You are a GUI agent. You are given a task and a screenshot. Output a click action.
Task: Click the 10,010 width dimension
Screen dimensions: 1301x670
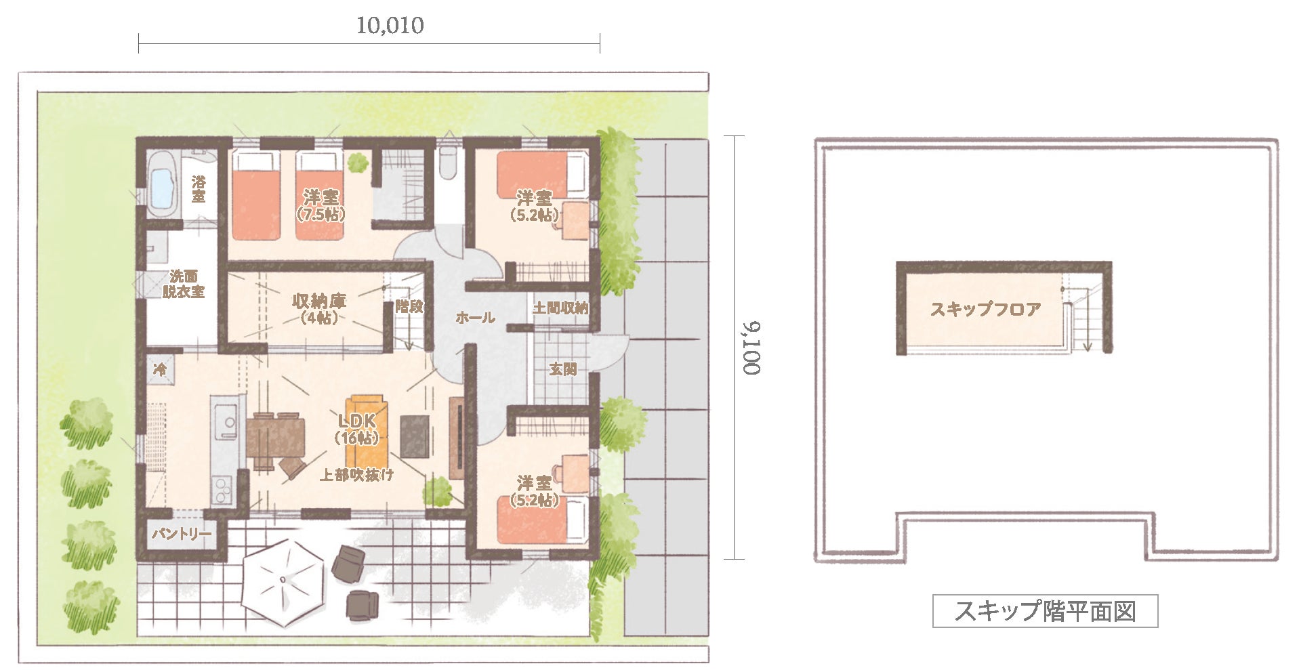390,26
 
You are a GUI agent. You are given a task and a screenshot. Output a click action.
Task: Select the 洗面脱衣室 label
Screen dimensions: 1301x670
184,284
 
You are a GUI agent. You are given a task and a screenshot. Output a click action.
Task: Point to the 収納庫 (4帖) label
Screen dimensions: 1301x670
318,308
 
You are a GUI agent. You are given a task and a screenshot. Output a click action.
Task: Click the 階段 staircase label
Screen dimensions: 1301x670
409,306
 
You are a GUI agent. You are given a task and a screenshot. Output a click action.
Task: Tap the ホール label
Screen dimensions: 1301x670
475,317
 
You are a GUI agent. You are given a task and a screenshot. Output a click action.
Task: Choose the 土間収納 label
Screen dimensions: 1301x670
560,308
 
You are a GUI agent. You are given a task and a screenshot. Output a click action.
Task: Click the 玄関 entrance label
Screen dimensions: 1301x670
562,369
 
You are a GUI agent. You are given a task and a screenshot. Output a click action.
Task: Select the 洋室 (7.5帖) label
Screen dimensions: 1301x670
321,205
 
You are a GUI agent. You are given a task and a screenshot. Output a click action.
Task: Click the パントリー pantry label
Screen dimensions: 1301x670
181,534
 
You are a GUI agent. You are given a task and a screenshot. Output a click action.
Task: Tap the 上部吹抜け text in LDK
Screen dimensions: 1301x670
356,475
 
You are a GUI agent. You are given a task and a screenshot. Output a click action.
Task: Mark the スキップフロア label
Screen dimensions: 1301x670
985,310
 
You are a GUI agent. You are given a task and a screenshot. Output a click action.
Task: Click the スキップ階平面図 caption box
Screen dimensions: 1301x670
1045,611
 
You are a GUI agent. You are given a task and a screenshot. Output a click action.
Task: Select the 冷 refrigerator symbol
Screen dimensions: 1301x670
161,369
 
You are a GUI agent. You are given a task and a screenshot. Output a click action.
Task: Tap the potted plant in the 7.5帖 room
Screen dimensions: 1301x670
356,163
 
